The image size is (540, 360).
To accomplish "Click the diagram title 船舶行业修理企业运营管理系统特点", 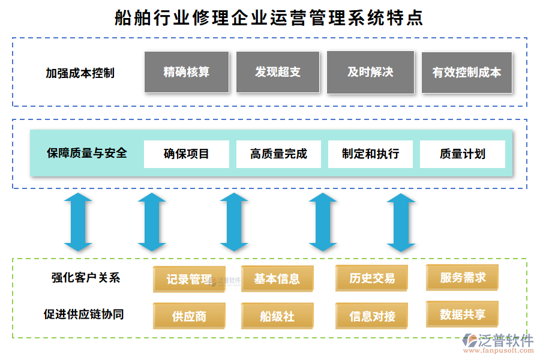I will tap(269, 17).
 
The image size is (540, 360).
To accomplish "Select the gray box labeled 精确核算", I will tap(187, 72).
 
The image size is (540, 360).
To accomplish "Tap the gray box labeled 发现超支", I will tap(278, 72).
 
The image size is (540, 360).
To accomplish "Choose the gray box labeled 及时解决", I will tap(370, 72).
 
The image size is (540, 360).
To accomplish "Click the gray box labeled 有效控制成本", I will tap(467, 73).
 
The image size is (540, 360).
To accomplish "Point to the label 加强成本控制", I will tap(80, 73).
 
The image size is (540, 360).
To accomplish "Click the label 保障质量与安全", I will tap(87, 153).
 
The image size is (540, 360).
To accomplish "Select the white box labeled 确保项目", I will tap(187, 154).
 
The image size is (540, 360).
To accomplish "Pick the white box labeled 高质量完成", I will tap(278, 154).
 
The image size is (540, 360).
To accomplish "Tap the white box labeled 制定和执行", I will tap(370, 154).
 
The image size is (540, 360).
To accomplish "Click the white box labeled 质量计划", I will tap(462, 154).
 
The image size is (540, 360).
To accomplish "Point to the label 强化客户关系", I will tap(86, 277).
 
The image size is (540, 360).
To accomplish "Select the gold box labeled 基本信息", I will tap(277, 278).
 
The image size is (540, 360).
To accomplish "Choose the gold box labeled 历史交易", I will tap(372, 278).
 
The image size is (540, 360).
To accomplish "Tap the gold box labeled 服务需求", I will tap(462, 278).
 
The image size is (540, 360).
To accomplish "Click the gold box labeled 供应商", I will tap(189, 316).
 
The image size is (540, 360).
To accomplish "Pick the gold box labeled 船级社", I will tap(277, 316).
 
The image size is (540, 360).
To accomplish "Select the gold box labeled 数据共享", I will tap(462, 314).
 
